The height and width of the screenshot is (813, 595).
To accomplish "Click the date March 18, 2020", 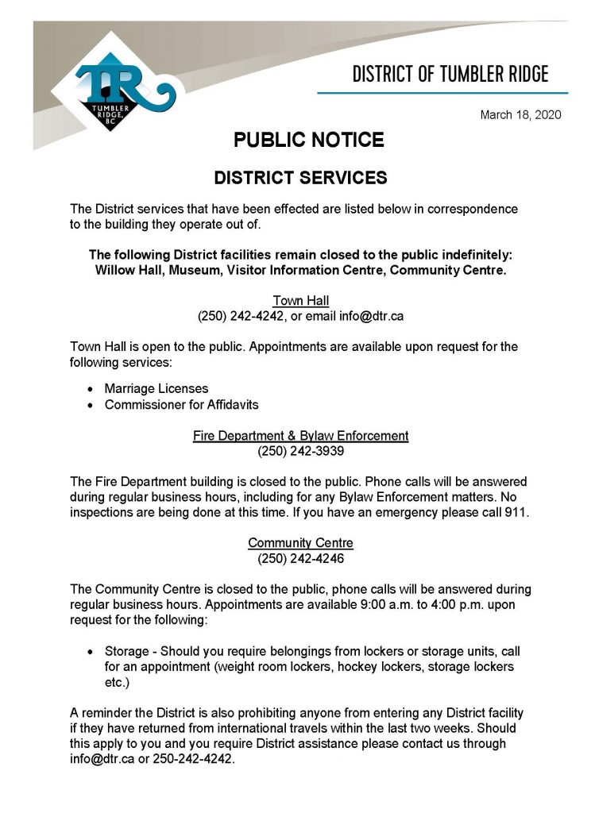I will click(520, 115).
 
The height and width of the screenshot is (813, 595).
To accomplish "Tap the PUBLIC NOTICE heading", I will click(308, 141).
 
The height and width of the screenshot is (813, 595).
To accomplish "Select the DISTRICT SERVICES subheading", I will click(300, 178).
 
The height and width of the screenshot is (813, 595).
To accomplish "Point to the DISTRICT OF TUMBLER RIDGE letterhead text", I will click(450, 75).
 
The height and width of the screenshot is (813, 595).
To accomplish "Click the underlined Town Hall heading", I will click(300, 300).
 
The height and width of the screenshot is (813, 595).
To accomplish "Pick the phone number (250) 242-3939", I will click(300, 451).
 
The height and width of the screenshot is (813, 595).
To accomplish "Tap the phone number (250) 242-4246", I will click(300, 558).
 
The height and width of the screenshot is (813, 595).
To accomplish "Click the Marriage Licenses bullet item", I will click(156, 388).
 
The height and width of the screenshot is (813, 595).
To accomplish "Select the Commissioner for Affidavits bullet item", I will click(181, 404).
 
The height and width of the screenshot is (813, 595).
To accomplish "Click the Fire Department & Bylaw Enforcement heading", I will click(300, 436).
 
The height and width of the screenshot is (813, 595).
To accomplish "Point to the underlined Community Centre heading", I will click(300, 543).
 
